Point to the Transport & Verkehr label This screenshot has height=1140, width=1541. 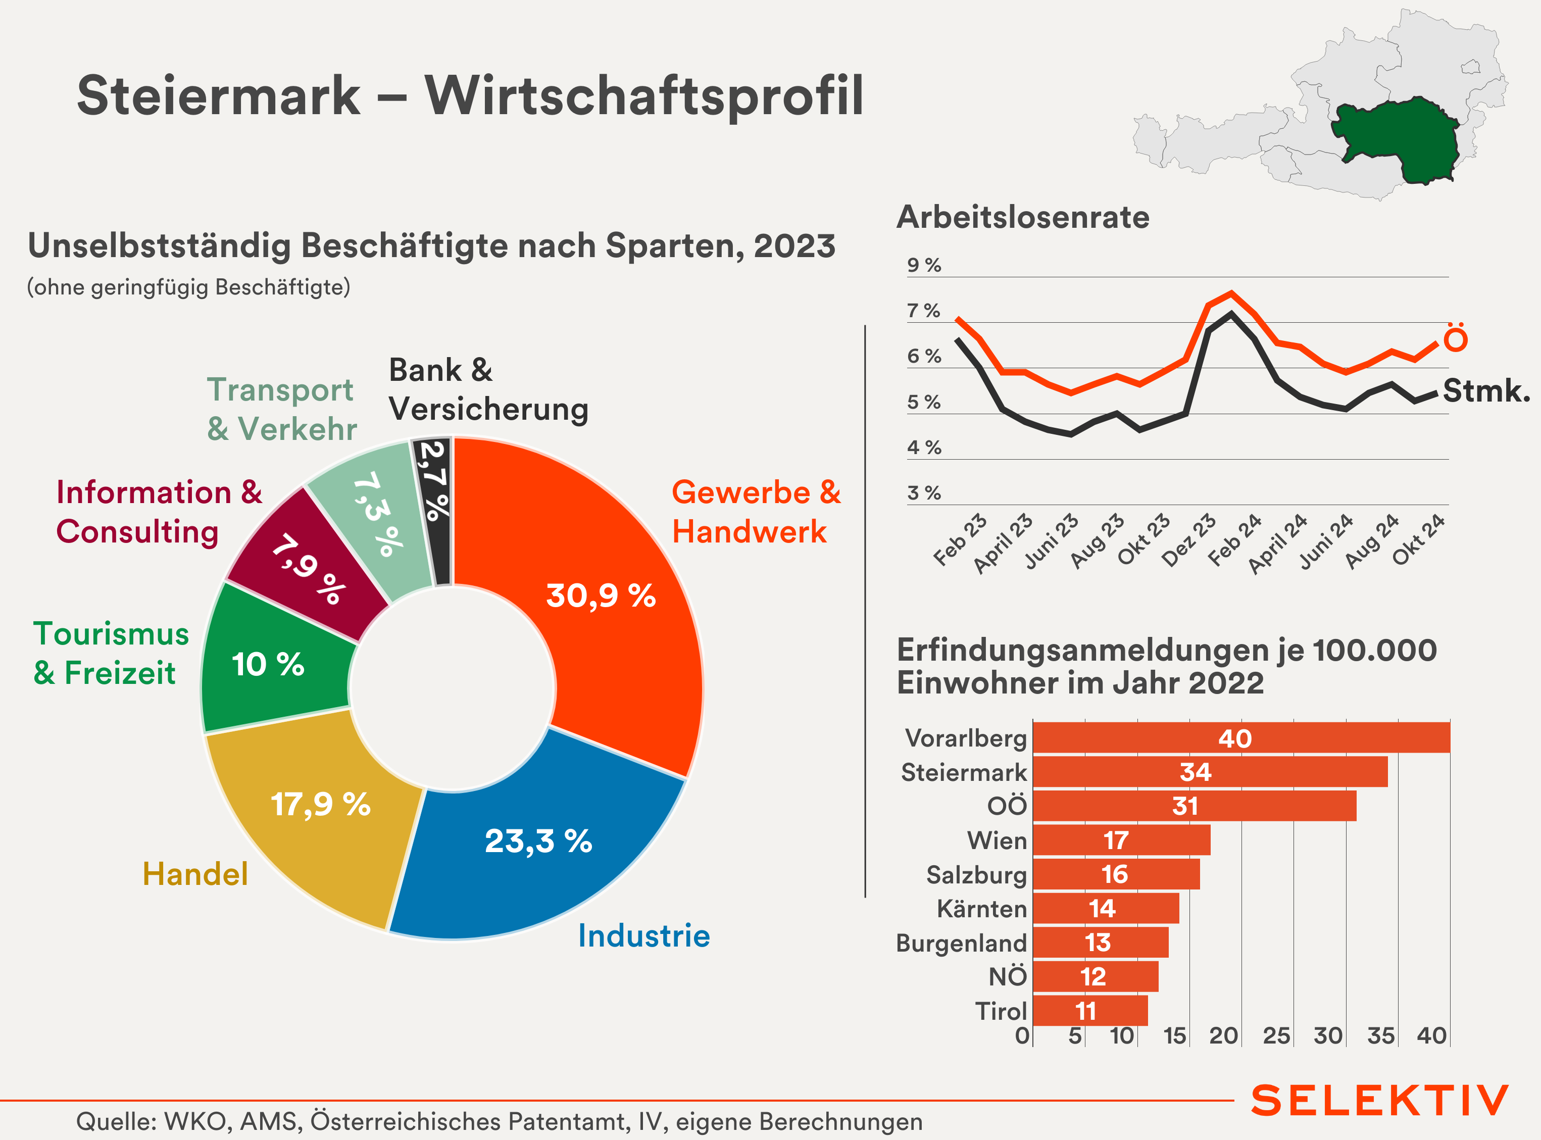281,409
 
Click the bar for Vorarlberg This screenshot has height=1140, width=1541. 1241,737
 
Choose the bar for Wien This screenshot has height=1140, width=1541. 1121,840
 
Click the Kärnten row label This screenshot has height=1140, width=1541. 981,909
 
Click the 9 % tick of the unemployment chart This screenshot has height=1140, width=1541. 923,266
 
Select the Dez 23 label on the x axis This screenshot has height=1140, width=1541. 1189,540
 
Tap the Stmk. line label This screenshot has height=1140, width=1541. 1486,390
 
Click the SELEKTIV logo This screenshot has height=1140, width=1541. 1379,1101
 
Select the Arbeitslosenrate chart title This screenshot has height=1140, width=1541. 1023,217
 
